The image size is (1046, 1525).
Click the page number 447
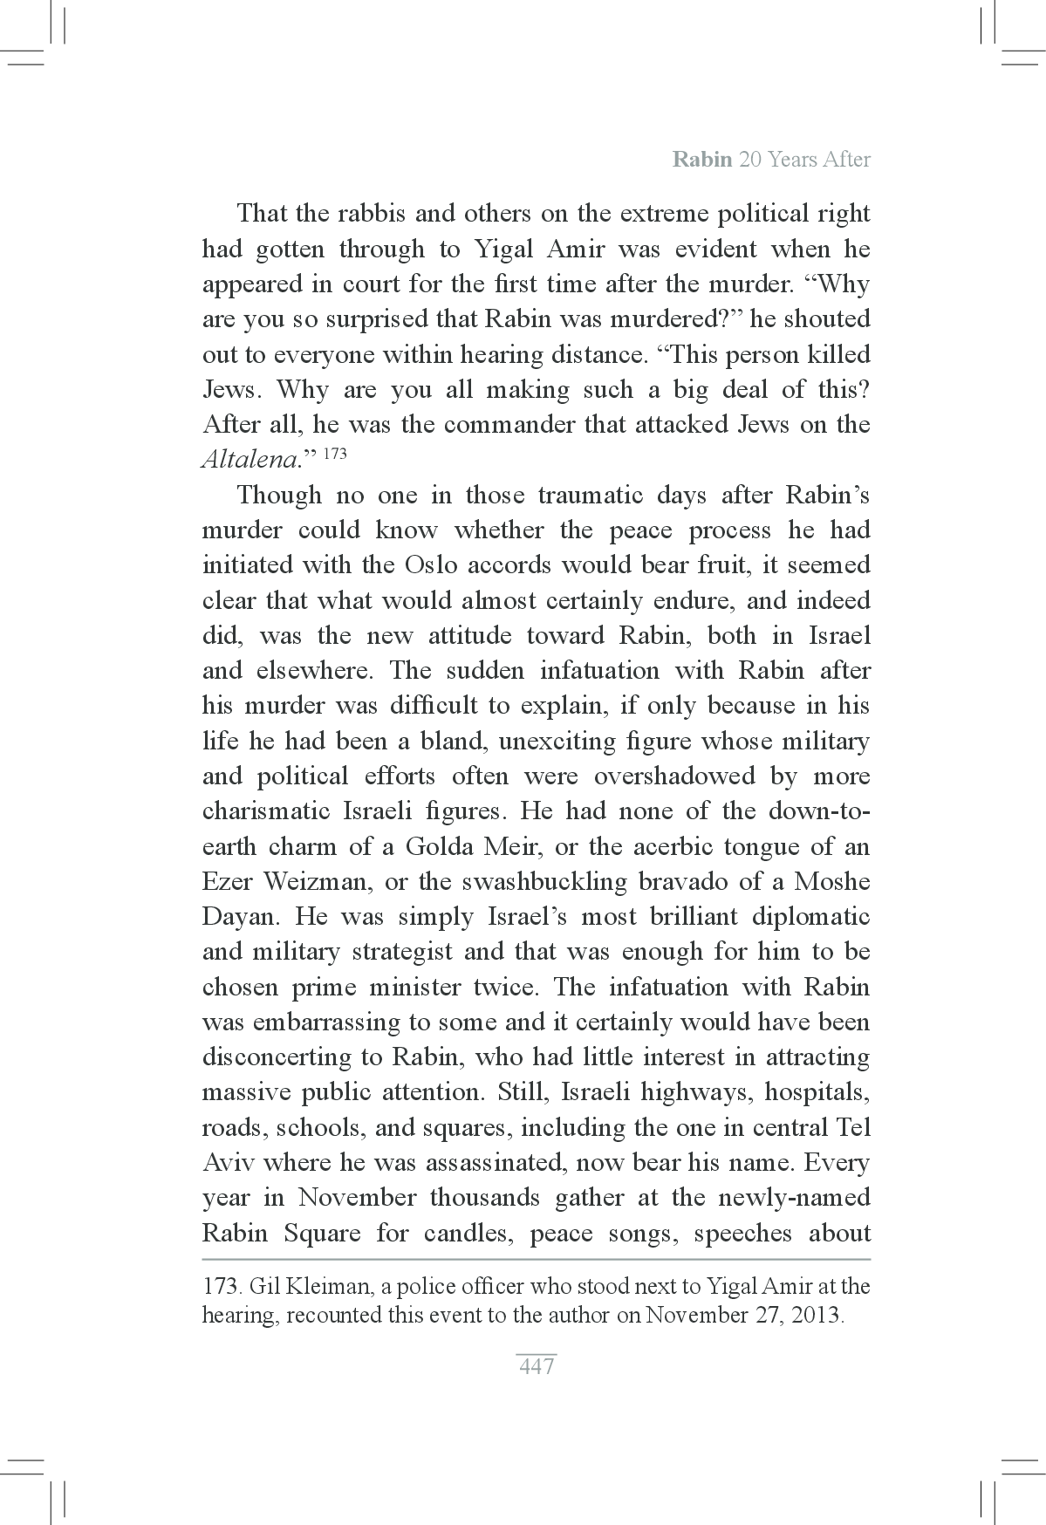tap(537, 1367)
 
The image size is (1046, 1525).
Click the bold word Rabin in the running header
tap(702, 160)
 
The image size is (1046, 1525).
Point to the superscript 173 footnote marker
tap(334, 455)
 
